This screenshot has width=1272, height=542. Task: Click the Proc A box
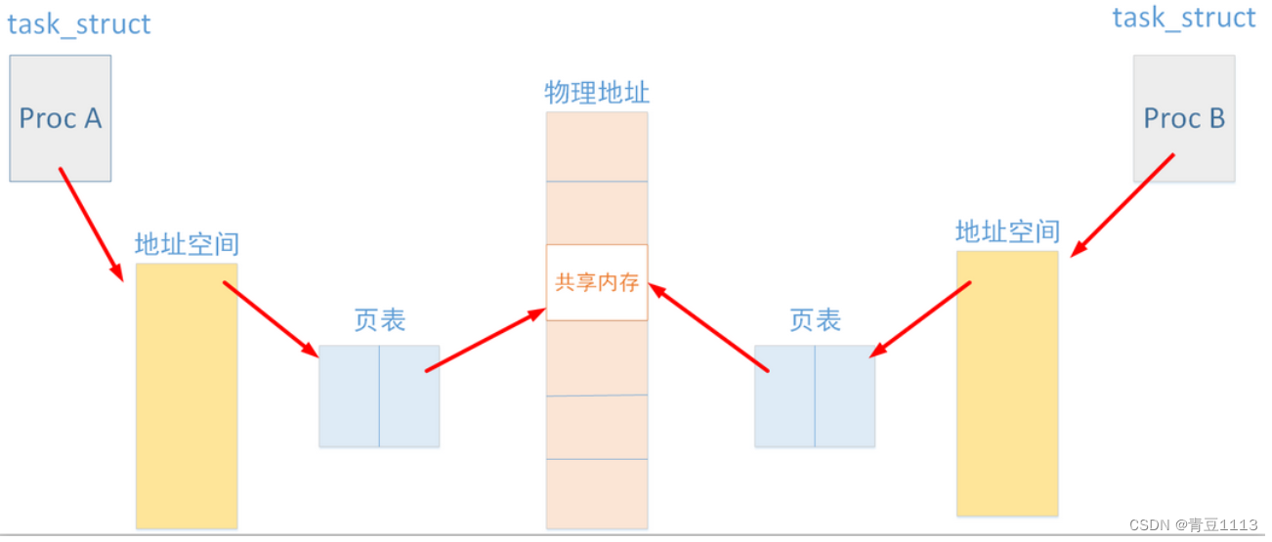(61, 118)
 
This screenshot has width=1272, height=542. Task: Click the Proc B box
(1184, 118)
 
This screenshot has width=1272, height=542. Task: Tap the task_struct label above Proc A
(79, 23)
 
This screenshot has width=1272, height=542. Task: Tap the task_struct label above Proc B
(1184, 18)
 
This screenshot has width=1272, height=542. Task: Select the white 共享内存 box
(597, 282)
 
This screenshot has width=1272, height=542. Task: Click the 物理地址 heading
(597, 93)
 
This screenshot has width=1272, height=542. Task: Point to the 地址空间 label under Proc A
(187, 243)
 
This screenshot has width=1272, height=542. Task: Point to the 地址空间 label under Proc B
(1007, 231)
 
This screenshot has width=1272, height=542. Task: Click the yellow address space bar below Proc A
(187, 396)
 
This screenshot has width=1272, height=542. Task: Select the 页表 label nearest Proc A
(379, 320)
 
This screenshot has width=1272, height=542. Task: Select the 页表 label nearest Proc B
(815, 320)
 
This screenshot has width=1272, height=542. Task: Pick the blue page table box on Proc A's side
(379, 396)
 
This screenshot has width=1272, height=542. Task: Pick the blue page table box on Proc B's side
(815, 396)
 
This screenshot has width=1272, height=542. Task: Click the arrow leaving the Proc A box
(90, 224)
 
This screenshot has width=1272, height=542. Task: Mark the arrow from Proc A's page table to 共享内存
(486, 340)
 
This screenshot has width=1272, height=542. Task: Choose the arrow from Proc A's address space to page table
(271, 319)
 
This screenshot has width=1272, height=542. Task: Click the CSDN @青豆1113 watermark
(1193, 524)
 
